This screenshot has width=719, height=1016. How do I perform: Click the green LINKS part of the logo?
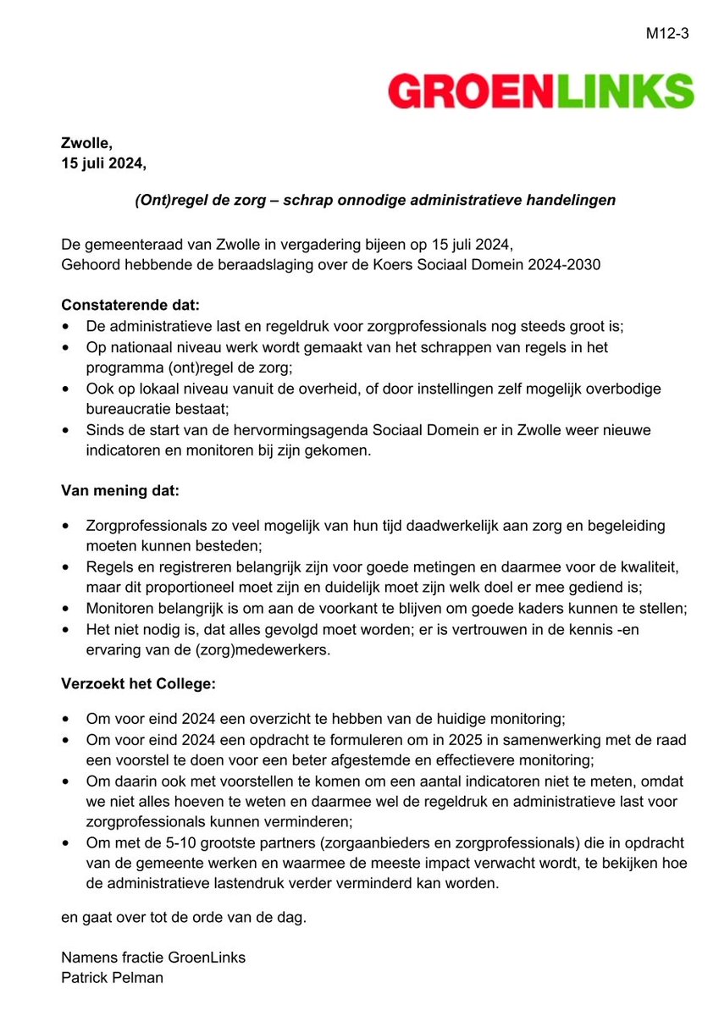click(x=625, y=91)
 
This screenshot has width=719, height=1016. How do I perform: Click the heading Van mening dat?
click(x=119, y=489)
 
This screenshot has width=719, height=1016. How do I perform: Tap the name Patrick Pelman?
click(x=113, y=979)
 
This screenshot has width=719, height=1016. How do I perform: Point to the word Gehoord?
click(x=91, y=265)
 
